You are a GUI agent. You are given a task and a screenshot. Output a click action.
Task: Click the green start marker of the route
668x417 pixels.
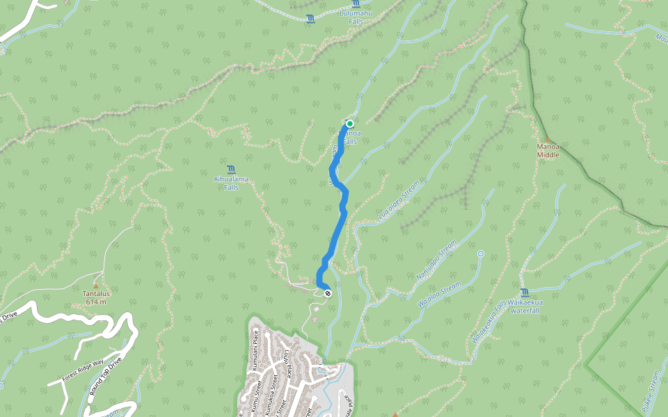(x=350, y=123)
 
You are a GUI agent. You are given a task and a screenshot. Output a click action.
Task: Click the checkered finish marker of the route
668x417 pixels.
(x=328, y=293)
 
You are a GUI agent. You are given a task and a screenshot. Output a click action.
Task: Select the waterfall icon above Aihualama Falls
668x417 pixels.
(x=231, y=170)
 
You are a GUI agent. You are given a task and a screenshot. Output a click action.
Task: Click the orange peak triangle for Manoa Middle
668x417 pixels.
(x=548, y=139)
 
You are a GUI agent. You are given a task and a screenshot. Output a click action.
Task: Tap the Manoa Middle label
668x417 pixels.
(x=548, y=151)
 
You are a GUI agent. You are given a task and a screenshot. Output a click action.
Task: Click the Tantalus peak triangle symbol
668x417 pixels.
(x=95, y=285)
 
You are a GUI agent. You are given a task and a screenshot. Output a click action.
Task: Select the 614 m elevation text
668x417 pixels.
(x=95, y=302)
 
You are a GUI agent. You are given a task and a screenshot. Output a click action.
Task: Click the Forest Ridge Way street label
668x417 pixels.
(x=82, y=369)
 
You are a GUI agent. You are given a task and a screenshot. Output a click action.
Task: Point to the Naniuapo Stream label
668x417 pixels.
(x=436, y=261)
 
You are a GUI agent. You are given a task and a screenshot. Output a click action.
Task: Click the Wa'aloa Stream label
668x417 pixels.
(x=439, y=294)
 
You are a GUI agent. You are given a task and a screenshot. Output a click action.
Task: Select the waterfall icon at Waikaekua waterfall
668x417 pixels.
(x=523, y=293)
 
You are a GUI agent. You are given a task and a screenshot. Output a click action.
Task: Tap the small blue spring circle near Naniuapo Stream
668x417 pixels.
(x=481, y=254)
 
